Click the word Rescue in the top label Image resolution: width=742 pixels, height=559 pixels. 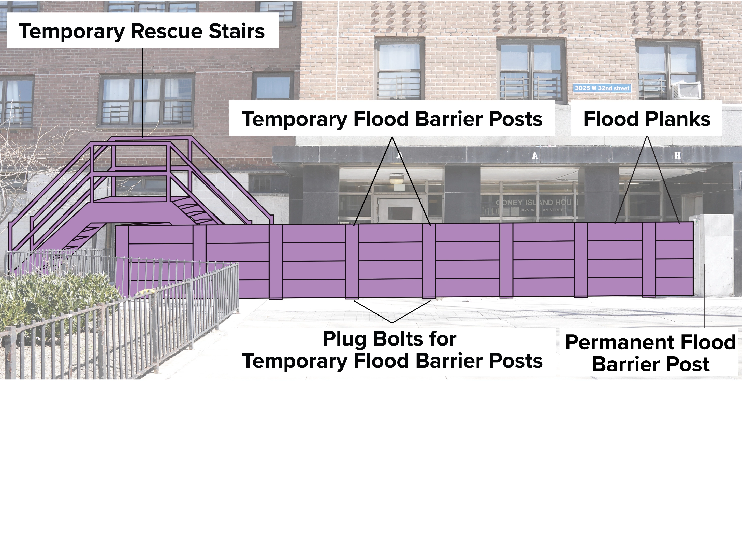click(x=167, y=31)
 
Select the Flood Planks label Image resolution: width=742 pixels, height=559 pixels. click(x=646, y=119)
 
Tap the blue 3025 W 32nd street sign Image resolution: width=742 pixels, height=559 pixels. click(x=602, y=88)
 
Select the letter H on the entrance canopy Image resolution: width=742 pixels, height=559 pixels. click(x=677, y=155)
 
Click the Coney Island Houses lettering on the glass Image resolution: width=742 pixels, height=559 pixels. click(x=537, y=203)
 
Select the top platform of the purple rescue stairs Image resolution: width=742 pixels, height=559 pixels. click(x=131, y=201)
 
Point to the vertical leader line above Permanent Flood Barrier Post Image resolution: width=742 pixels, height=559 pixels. click(x=705, y=295)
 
